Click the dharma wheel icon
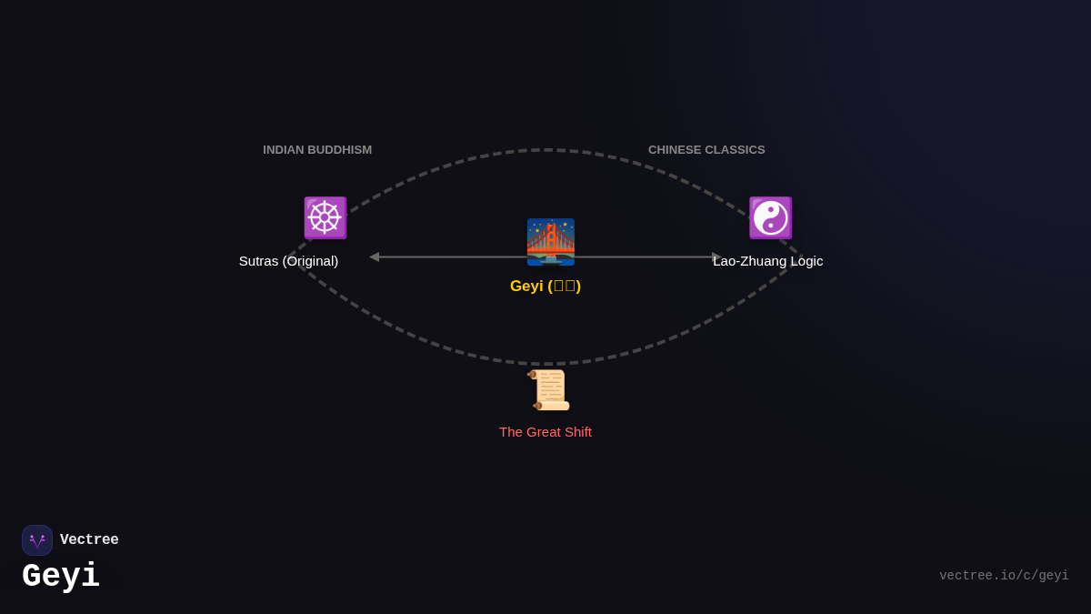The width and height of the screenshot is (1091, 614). click(x=325, y=217)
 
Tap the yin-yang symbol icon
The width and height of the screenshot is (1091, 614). click(x=770, y=217)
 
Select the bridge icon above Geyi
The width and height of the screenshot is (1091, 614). click(x=550, y=242)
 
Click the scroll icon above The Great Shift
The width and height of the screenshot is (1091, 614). click(x=550, y=390)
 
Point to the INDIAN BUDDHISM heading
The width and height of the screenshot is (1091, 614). click(x=317, y=150)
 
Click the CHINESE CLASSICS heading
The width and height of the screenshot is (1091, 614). click(x=706, y=150)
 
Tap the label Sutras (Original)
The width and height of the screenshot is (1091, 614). click(x=288, y=261)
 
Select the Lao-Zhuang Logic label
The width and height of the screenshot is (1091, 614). click(x=767, y=261)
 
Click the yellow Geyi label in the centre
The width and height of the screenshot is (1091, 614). click(x=545, y=287)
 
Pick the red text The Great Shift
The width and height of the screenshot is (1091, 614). click(x=545, y=432)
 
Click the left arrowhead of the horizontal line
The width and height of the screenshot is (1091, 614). click(x=374, y=257)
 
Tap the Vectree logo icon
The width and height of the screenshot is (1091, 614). click(x=37, y=540)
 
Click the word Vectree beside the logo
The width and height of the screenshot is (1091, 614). click(x=89, y=540)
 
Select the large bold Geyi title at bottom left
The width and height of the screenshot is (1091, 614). click(x=61, y=577)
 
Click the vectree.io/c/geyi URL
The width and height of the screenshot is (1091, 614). click(x=1004, y=576)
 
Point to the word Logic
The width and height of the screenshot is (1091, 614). click(x=804, y=261)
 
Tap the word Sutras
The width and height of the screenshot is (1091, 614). click(x=258, y=261)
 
